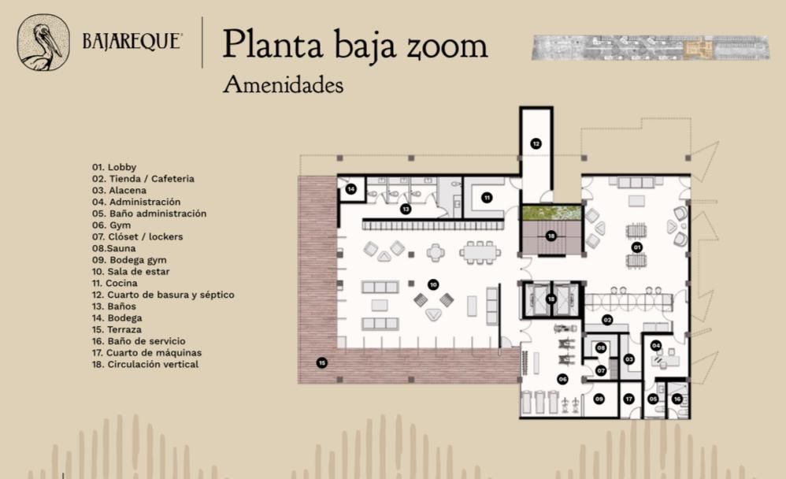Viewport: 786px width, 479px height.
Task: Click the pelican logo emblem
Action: [x=43, y=43]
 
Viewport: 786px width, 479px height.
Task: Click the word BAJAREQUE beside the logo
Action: [x=132, y=42]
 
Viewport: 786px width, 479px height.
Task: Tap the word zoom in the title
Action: [x=447, y=46]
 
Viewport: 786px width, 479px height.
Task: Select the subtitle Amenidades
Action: [x=284, y=84]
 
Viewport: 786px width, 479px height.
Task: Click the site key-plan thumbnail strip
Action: [x=651, y=47]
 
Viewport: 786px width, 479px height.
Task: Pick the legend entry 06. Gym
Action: [x=111, y=225]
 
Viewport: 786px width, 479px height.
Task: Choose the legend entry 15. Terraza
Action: [x=117, y=329]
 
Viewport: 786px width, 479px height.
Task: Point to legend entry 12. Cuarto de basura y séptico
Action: [x=163, y=295]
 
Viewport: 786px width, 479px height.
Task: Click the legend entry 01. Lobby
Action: [x=113, y=167]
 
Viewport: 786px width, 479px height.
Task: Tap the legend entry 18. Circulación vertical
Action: [x=145, y=364]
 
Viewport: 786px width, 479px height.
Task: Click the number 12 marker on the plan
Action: [x=536, y=144]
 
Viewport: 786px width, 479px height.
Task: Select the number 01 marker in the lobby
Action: [x=636, y=247]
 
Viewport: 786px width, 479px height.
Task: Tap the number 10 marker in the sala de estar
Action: [x=433, y=285]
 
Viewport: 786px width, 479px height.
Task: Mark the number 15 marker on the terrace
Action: [x=322, y=362]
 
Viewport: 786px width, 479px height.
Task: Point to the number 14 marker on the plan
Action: [x=351, y=189]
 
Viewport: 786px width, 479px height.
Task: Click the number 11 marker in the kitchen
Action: [x=487, y=198]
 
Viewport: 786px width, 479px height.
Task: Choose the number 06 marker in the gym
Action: [x=562, y=380]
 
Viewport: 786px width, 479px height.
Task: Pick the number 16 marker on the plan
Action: [x=677, y=399]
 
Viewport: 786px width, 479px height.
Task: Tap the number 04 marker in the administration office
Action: [x=656, y=346]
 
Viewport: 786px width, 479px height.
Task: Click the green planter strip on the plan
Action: [x=551, y=214]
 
